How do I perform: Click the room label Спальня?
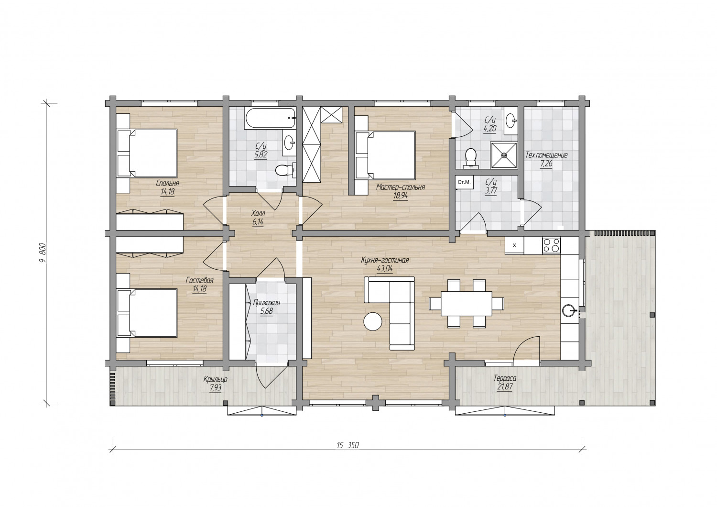click(167, 184)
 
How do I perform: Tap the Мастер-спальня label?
click(401, 187)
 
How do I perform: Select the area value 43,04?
click(385, 269)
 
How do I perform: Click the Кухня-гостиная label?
click(385, 260)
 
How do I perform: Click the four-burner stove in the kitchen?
click(551, 245)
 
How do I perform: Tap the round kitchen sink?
click(569, 310)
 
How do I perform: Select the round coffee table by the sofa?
click(372, 321)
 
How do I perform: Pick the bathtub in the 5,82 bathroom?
click(270, 119)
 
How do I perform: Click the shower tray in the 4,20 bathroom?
click(504, 155)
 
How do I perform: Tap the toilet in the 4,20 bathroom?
click(471, 157)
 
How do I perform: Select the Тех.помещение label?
click(546, 155)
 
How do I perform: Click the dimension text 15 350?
click(348, 445)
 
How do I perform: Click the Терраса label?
click(505, 378)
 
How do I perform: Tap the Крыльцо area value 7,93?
click(216, 388)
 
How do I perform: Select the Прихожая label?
click(267, 302)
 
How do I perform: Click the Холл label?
click(258, 213)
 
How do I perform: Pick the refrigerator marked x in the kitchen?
click(514, 246)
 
